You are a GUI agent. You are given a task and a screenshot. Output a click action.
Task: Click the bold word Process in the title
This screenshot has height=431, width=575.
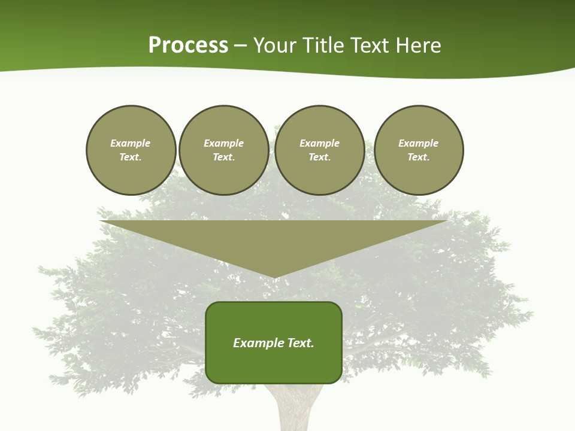pos(188,45)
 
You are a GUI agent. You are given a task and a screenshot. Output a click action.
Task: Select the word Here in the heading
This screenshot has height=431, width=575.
pos(417,45)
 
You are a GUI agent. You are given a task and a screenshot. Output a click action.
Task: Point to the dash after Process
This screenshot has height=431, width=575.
pos(241,46)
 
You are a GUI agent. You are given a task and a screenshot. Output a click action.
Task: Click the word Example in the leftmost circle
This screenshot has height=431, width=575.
pos(130,143)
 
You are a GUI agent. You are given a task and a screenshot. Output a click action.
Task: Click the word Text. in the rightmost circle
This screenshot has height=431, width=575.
pos(419,157)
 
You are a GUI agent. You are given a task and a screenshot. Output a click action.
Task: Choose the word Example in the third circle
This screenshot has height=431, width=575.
pos(319,143)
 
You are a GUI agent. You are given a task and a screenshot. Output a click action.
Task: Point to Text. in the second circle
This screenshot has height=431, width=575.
pos(223,157)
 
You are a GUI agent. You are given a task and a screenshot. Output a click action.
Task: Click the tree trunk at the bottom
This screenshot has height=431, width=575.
pos(295,410)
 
